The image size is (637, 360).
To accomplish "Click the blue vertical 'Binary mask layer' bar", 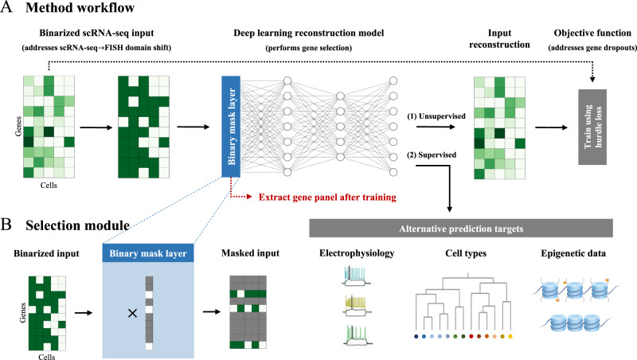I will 230,124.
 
